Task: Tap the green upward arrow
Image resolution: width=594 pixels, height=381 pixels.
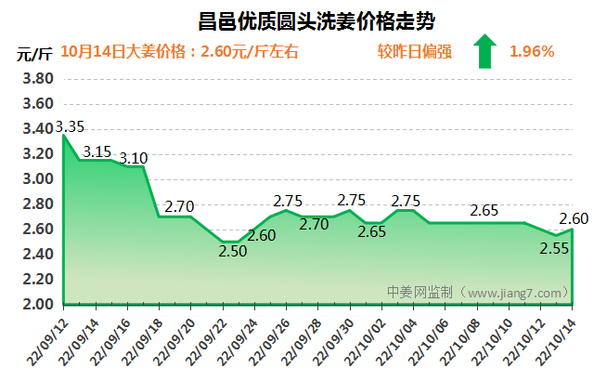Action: (484, 51)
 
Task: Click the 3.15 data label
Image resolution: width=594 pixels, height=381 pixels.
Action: (97, 151)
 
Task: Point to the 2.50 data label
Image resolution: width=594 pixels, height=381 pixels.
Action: (232, 251)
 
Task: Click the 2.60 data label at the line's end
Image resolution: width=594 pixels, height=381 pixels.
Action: (574, 218)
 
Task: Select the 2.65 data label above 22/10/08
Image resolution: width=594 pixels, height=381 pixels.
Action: (484, 211)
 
